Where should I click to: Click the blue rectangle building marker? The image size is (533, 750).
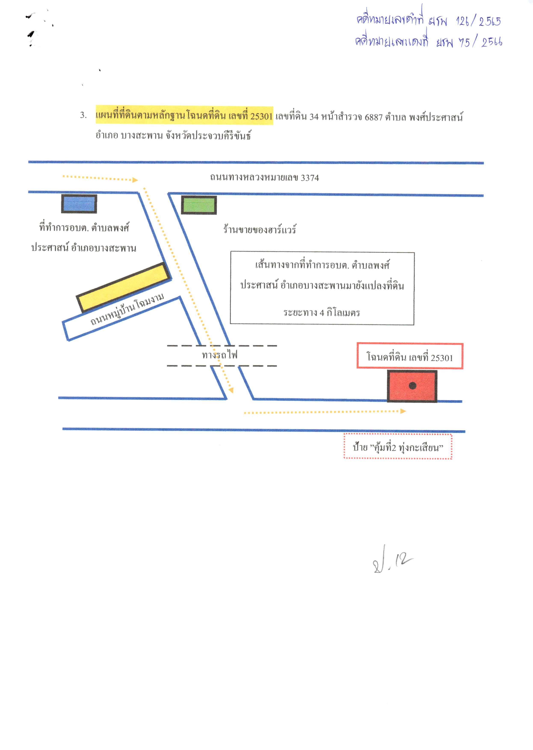79,204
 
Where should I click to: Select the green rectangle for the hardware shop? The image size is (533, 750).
199,205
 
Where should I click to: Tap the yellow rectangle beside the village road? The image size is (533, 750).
124,287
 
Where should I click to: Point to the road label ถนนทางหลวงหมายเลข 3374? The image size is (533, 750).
265,178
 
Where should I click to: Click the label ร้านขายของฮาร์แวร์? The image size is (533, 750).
260,229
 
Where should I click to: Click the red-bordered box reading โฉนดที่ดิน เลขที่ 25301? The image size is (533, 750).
410,356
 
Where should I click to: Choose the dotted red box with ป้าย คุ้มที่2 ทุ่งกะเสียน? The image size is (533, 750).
398,446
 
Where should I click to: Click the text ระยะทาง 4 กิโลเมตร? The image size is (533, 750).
322,312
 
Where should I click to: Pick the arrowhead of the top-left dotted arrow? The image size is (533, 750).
135,180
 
